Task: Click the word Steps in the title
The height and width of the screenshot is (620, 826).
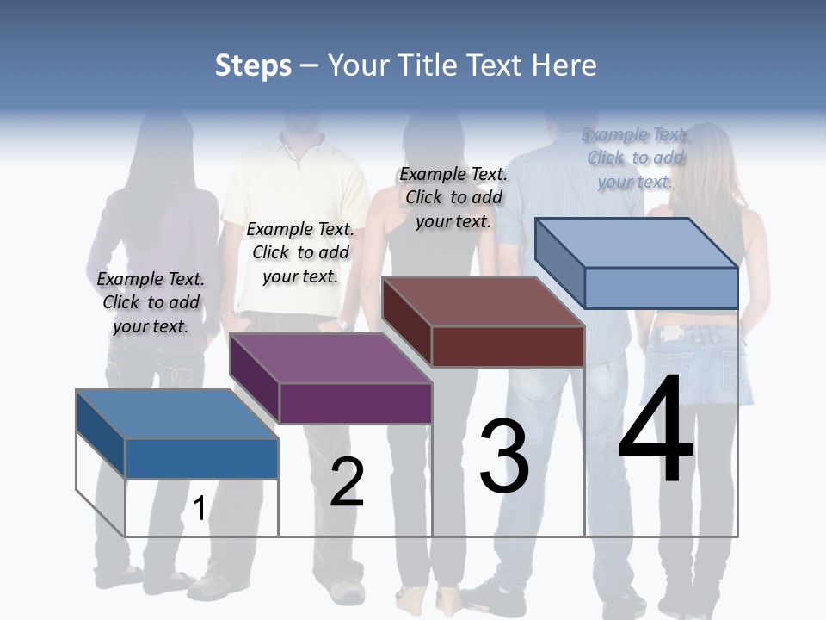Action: coord(253,65)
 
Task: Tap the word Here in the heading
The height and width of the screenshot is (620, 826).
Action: coord(564,65)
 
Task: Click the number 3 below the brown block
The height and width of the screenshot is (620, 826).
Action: coord(504,456)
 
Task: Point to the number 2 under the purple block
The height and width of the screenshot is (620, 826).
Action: coord(347,482)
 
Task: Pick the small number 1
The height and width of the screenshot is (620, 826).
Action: coord(199,508)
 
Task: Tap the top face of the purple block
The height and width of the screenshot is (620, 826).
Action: coord(330,358)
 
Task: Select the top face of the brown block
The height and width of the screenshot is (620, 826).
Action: coord(483,301)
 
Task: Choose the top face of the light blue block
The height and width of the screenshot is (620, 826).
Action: coord(637,243)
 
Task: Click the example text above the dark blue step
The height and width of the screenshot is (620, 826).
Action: coord(151,302)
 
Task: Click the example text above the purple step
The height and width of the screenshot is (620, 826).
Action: coord(300,252)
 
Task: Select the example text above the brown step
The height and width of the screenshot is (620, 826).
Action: coord(453,197)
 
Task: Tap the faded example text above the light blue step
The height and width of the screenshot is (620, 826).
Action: coord(635,158)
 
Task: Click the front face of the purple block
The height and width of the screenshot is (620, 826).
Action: coord(355,403)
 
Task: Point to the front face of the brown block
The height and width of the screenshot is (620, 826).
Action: coord(508,346)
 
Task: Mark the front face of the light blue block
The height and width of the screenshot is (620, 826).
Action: coord(661,288)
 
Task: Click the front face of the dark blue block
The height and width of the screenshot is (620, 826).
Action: coord(201,458)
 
